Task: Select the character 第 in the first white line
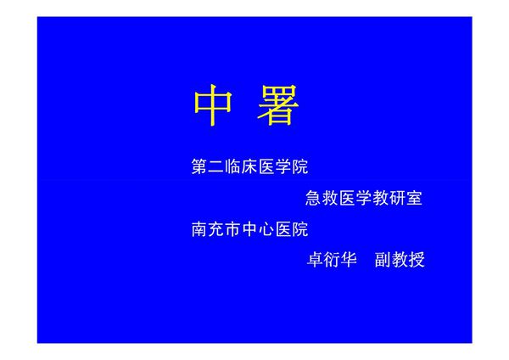pyautogui.click(x=201, y=166)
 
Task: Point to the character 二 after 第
pyautogui.click(x=218, y=166)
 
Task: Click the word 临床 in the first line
pyautogui.click(x=242, y=166)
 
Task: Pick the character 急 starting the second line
pyautogui.click(x=314, y=199)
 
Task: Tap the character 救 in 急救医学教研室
pyautogui.click(x=331, y=199)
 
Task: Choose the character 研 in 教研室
pyautogui.click(x=397, y=199)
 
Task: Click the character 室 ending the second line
pyautogui.click(x=414, y=199)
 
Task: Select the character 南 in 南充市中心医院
pyautogui.click(x=201, y=229)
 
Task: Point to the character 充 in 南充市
pyautogui.click(x=218, y=229)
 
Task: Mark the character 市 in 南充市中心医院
pyautogui.click(x=234, y=229)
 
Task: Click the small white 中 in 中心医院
pyautogui.click(x=251, y=229)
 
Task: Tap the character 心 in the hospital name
pyautogui.click(x=267, y=229)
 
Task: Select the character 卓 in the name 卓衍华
pyautogui.click(x=315, y=260)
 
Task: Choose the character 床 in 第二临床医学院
pyautogui.click(x=250, y=166)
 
